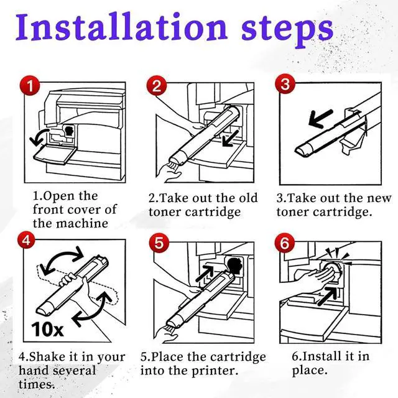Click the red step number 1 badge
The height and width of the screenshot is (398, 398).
(x=30, y=86)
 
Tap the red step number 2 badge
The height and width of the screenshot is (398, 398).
(x=157, y=86)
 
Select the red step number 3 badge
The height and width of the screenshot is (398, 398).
(x=285, y=84)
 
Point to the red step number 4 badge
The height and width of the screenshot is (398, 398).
(x=26, y=240)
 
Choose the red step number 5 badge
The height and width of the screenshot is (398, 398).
(x=159, y=243)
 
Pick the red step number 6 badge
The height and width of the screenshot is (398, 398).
(x=285, y=243)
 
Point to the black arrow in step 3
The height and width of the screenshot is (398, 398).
(x=320, y=119)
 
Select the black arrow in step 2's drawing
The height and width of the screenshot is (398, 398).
(x=231, y=139)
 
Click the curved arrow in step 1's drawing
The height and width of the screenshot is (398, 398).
(x=39, y=137)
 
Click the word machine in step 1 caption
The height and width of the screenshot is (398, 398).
(x=82, y=224)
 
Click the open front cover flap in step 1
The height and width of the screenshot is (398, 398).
(x=55, y=155)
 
